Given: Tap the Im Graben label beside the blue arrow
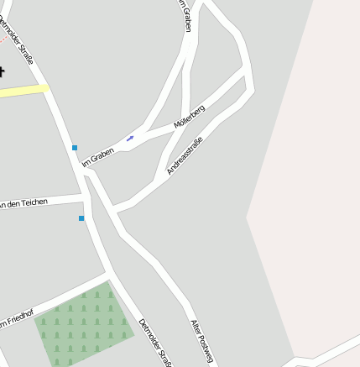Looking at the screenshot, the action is [x=97, y=156].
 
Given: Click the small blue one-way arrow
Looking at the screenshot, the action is [x=130, y=138].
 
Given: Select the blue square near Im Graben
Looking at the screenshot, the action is [x=75, y=148].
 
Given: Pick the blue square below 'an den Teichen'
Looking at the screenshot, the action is [x=81, y=218].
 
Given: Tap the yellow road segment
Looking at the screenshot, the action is [x=23, y=91].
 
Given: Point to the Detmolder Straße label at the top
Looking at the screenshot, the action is [x=16, y=40].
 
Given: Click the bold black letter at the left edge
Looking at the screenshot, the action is [x=3, y=71].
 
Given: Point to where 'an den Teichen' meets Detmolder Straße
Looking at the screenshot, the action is [x=85, y=200].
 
